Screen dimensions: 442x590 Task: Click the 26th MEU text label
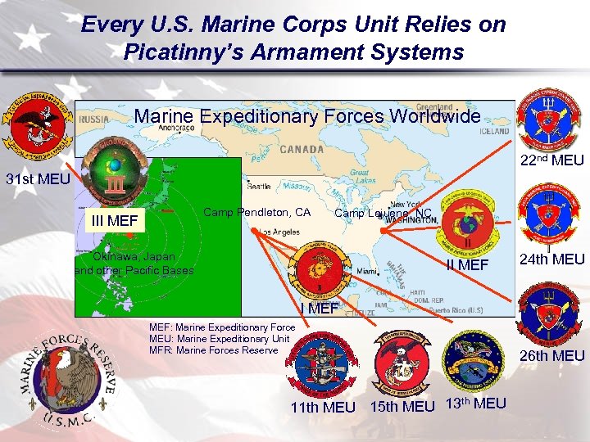tap(552, 355)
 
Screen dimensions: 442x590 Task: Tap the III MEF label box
tap(115, 220)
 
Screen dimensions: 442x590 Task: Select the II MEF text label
tap(467, 265)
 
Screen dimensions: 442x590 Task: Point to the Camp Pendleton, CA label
tap(256, 213)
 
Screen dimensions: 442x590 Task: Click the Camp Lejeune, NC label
tap(383, 214)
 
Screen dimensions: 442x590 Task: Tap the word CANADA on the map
tap(301, 150)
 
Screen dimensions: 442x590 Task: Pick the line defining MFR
tap(213, 350)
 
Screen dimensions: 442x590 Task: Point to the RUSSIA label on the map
tap(94, 118)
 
